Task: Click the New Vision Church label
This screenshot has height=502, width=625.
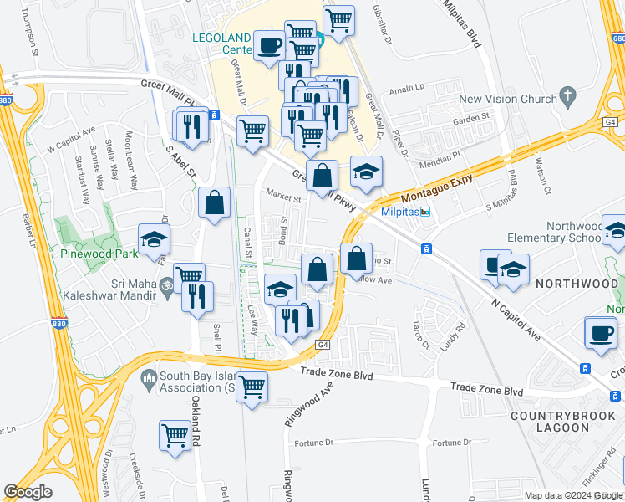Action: (x=507, y=99)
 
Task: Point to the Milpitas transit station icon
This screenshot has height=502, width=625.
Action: (x=425, y=212)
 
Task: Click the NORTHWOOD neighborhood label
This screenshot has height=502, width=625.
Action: (x=577, y=284)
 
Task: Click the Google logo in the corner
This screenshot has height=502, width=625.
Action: (x=28, y=491)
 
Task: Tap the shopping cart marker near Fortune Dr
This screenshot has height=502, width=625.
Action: (x=175, y=436)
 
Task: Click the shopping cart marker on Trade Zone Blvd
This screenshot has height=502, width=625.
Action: (x=252, y=387)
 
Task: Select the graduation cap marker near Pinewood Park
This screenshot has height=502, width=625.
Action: (x=154, y=239)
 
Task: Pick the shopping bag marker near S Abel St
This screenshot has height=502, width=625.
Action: (x=215, y=202)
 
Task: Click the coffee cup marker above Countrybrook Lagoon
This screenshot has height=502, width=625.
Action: (x=600, y=332)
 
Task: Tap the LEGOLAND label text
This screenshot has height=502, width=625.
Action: (x=221, y=38)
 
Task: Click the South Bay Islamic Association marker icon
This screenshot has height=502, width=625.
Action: (x=149, y=379)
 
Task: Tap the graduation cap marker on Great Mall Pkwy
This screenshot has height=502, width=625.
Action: (x=366, y=172)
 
